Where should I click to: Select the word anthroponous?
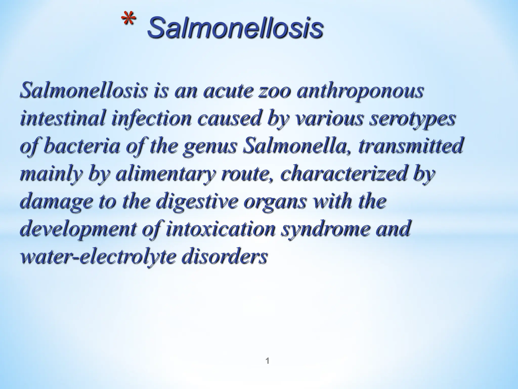[x=360, y=90]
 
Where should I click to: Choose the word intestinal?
[x=62, y=118]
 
